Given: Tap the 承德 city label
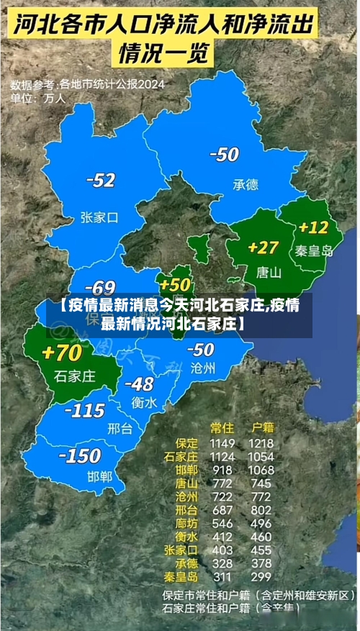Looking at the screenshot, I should point(245,184).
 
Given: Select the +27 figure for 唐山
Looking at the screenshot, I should point(263,248).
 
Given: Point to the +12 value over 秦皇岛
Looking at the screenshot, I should point(313,228).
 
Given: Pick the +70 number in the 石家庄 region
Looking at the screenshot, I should point(63,353).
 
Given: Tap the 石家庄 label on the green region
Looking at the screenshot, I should point(75,376).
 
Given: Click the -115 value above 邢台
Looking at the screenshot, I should point(84,411).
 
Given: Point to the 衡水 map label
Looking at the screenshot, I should point(144,403).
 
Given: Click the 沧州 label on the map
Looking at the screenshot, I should point(203,368).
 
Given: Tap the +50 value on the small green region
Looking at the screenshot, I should point(176,285).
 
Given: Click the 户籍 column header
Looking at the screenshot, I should point(260,428).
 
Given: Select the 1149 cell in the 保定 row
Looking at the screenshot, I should point(222,443).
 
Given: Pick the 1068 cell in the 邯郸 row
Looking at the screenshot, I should point(260,470).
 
